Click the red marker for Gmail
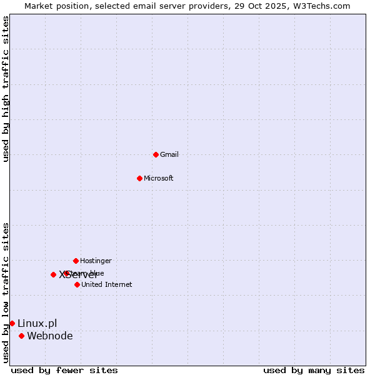tap(156, 154)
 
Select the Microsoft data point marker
tap(139, 178)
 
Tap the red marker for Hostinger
tap(76, 261)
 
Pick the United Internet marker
tap(77, 284)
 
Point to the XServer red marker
tap(53, 274)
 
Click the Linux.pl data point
tap(12, 323)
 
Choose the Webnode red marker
tap(21, 336)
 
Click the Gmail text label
tap(169, 154)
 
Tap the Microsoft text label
tap(159, 178)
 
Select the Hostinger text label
tap(96, 261)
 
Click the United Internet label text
tap(106, 284)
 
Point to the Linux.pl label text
tap(37, 323)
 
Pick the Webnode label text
tap(50, 336)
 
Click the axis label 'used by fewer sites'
tap(64, 370)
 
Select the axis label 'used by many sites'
tap(314, 370)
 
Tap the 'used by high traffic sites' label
tap(6, 89)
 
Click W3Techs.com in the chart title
tap(321, 6)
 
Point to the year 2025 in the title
tap(277, 6)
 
